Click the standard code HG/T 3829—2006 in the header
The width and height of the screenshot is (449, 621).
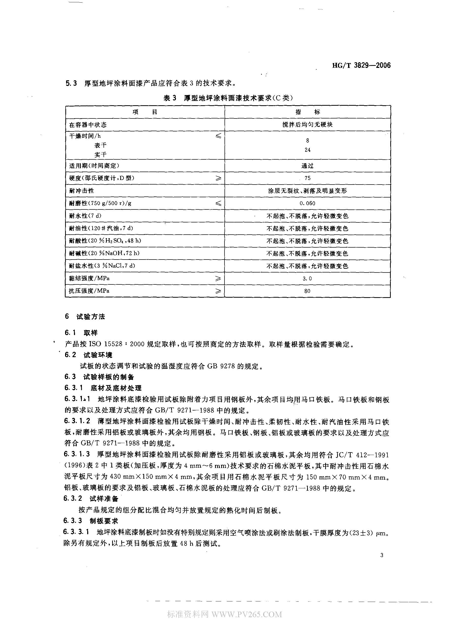361,65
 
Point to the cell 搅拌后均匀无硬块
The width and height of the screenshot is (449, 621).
307,125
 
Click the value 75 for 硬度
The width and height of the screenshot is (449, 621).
307,178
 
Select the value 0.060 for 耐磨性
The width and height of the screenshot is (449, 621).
307,203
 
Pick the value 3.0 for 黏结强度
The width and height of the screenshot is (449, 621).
307,278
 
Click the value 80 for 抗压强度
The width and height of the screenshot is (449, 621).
307,291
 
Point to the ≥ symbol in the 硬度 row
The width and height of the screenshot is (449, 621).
218,178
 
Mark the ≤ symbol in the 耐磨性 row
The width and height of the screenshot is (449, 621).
218,203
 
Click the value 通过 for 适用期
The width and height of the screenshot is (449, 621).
307,166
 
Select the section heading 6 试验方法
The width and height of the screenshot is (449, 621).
85,317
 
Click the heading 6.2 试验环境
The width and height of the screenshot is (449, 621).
88,355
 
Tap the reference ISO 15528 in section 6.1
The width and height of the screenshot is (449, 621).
105,344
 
